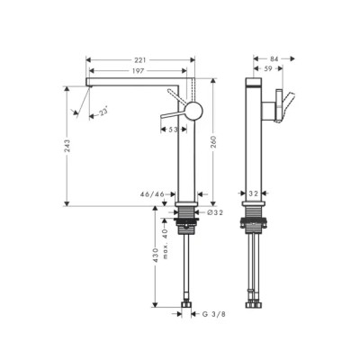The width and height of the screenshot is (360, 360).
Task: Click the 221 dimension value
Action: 139,59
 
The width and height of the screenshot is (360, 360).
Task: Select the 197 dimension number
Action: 139,70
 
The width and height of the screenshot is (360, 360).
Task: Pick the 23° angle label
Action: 104,112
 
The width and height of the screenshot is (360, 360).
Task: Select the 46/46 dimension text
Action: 152,193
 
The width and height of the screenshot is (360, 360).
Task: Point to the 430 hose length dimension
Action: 156,267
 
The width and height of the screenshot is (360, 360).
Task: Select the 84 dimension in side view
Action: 274,59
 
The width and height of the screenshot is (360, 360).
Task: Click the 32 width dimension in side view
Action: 255,193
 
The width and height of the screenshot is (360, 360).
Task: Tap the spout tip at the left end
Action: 88,84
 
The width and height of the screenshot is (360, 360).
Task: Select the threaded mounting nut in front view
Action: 187,216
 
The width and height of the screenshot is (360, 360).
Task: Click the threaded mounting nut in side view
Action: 254,216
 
